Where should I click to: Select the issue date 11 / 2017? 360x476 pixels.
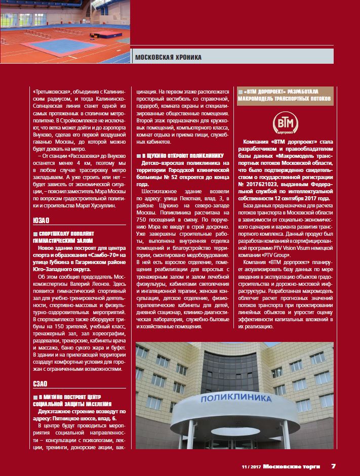point(252,466)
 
